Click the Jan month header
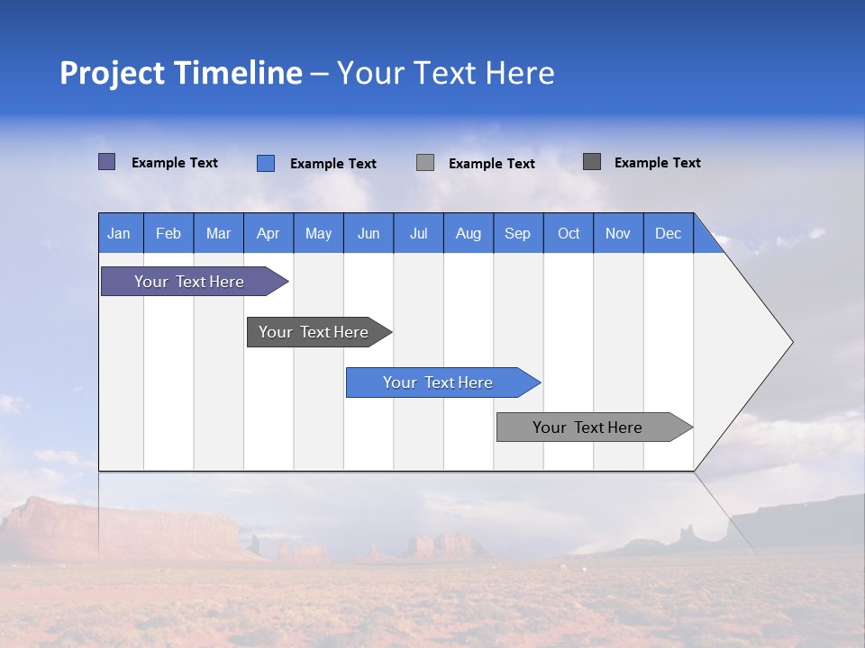pos(120,233)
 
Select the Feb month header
pos(168,233)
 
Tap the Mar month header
pos(218,233)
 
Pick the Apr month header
pos(269,233)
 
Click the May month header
pos(318,233)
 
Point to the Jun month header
pos(369,233)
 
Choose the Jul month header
pos(418,233)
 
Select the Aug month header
pos(469,233)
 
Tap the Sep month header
pos(518,233)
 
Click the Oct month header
pos(569,233)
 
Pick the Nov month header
pos(618,233)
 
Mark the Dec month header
pos(669,233)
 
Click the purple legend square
pos(107,162)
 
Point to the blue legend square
pos(266,163)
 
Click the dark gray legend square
pos(592,162)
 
